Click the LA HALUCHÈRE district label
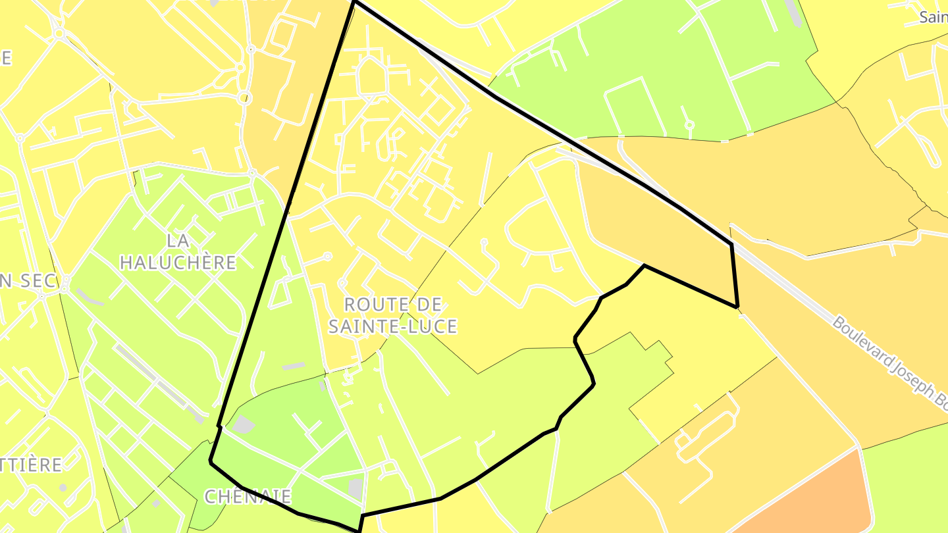(x=178, y=251)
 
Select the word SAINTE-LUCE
(x=393, y=326)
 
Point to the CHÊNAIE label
(x=248, y=496)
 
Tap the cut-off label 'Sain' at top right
(x=934, y=17)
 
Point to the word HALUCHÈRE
(x=178, y=263)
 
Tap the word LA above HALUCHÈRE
(x=178, y=240)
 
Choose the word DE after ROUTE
(x=431, y=304)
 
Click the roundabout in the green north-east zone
(x=689, y=125)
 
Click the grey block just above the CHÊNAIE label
(x=243, y=424)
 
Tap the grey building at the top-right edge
(x=793, y=13)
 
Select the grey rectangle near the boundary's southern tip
(x=355, y=488)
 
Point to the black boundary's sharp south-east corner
(x=737, y=307)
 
